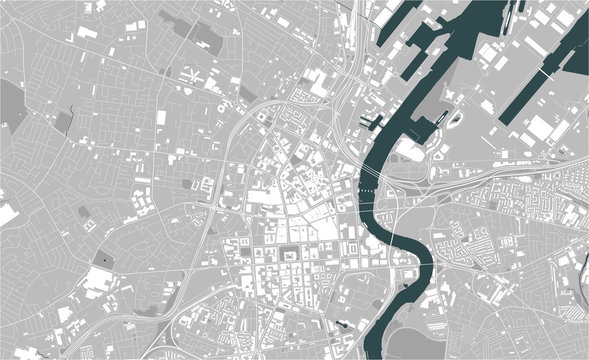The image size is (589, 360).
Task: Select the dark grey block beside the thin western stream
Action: (64, 121)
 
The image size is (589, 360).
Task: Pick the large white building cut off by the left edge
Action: (6, 214)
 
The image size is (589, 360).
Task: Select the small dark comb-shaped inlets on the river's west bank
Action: (373, 123)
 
